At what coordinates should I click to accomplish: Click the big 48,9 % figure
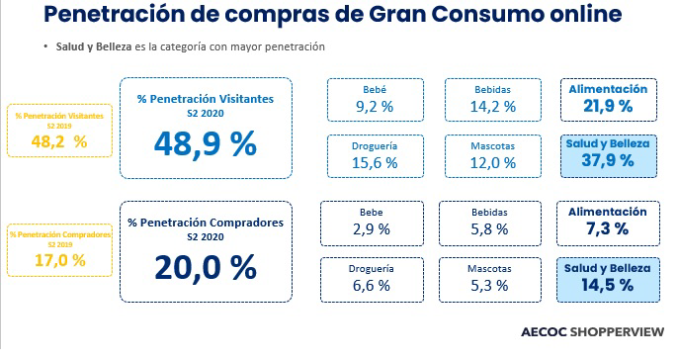click(206, 144)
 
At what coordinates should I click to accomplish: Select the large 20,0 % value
click(206, 268)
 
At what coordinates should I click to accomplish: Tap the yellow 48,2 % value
click(59, 141)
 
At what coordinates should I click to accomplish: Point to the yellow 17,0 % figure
click(60, 260)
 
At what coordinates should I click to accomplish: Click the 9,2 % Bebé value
click(375, 107)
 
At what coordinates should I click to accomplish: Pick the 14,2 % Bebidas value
click(493, 107)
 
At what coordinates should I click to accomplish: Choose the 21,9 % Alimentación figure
click(608, 106)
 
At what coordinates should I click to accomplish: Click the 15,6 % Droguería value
click(375, 162)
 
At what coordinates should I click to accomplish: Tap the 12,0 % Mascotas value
click(493, 162)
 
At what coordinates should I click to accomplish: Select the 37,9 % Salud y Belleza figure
click(608, 160)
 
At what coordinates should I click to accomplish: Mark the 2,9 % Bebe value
click(372, 229)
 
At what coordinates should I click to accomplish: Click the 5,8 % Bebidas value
click(489, 229)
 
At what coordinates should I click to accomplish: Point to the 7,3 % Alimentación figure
click(608, 228)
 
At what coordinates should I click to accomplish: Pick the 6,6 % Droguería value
click(372, 286)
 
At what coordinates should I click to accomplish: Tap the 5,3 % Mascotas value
click(489, 286)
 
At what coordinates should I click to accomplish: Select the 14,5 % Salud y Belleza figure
click(608, 285)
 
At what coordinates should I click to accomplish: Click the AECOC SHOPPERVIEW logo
click(592, 332)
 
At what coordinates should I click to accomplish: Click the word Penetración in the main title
click(114, 14)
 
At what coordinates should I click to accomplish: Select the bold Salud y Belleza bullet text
click(94, 46)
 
